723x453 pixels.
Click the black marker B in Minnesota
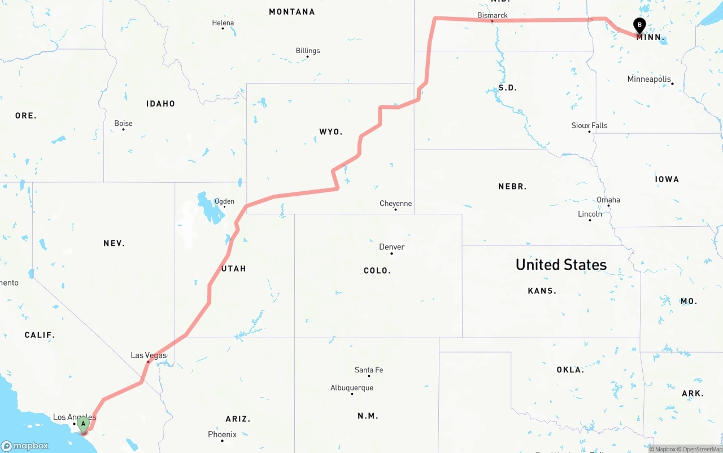pyautogui.click(x=639, y=26)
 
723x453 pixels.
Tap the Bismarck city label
pyautogui.click(x=492, y=15)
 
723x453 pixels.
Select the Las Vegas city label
pyautogui.click(x=149, y=355)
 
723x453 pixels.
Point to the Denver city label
pyautogui.click(x=391, y=247)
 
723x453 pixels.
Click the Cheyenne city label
pyautogui.click(x=395, y=204)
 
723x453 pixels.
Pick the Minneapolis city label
pyautogui.click(x=649, y=80)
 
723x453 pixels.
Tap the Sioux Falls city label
pyautogui.click(x=589, y=126)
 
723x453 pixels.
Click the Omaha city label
pyautogui.click(x=608, y=200)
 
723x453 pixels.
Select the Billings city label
pyautogui.click(x=308, y=51)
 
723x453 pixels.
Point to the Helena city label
pyautogui.click(x=223, y=23)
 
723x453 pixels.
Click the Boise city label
pyautogui.click(x=123, y=124)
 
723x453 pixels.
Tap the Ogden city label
pyautogui.click(x=224, y=201)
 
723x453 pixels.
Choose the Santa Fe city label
pyautogui.click(x=368, y=370)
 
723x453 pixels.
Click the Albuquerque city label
pyautogui.click(x=351, y=388)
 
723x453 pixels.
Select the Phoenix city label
pyautogui.click(x=222, y=434)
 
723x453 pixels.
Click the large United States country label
pyautogui.click(x=561, y=265)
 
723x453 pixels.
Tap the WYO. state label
pyautogui.click(x=330, y=131)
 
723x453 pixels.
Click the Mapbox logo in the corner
pyautogui.click(x=25, y=446)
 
